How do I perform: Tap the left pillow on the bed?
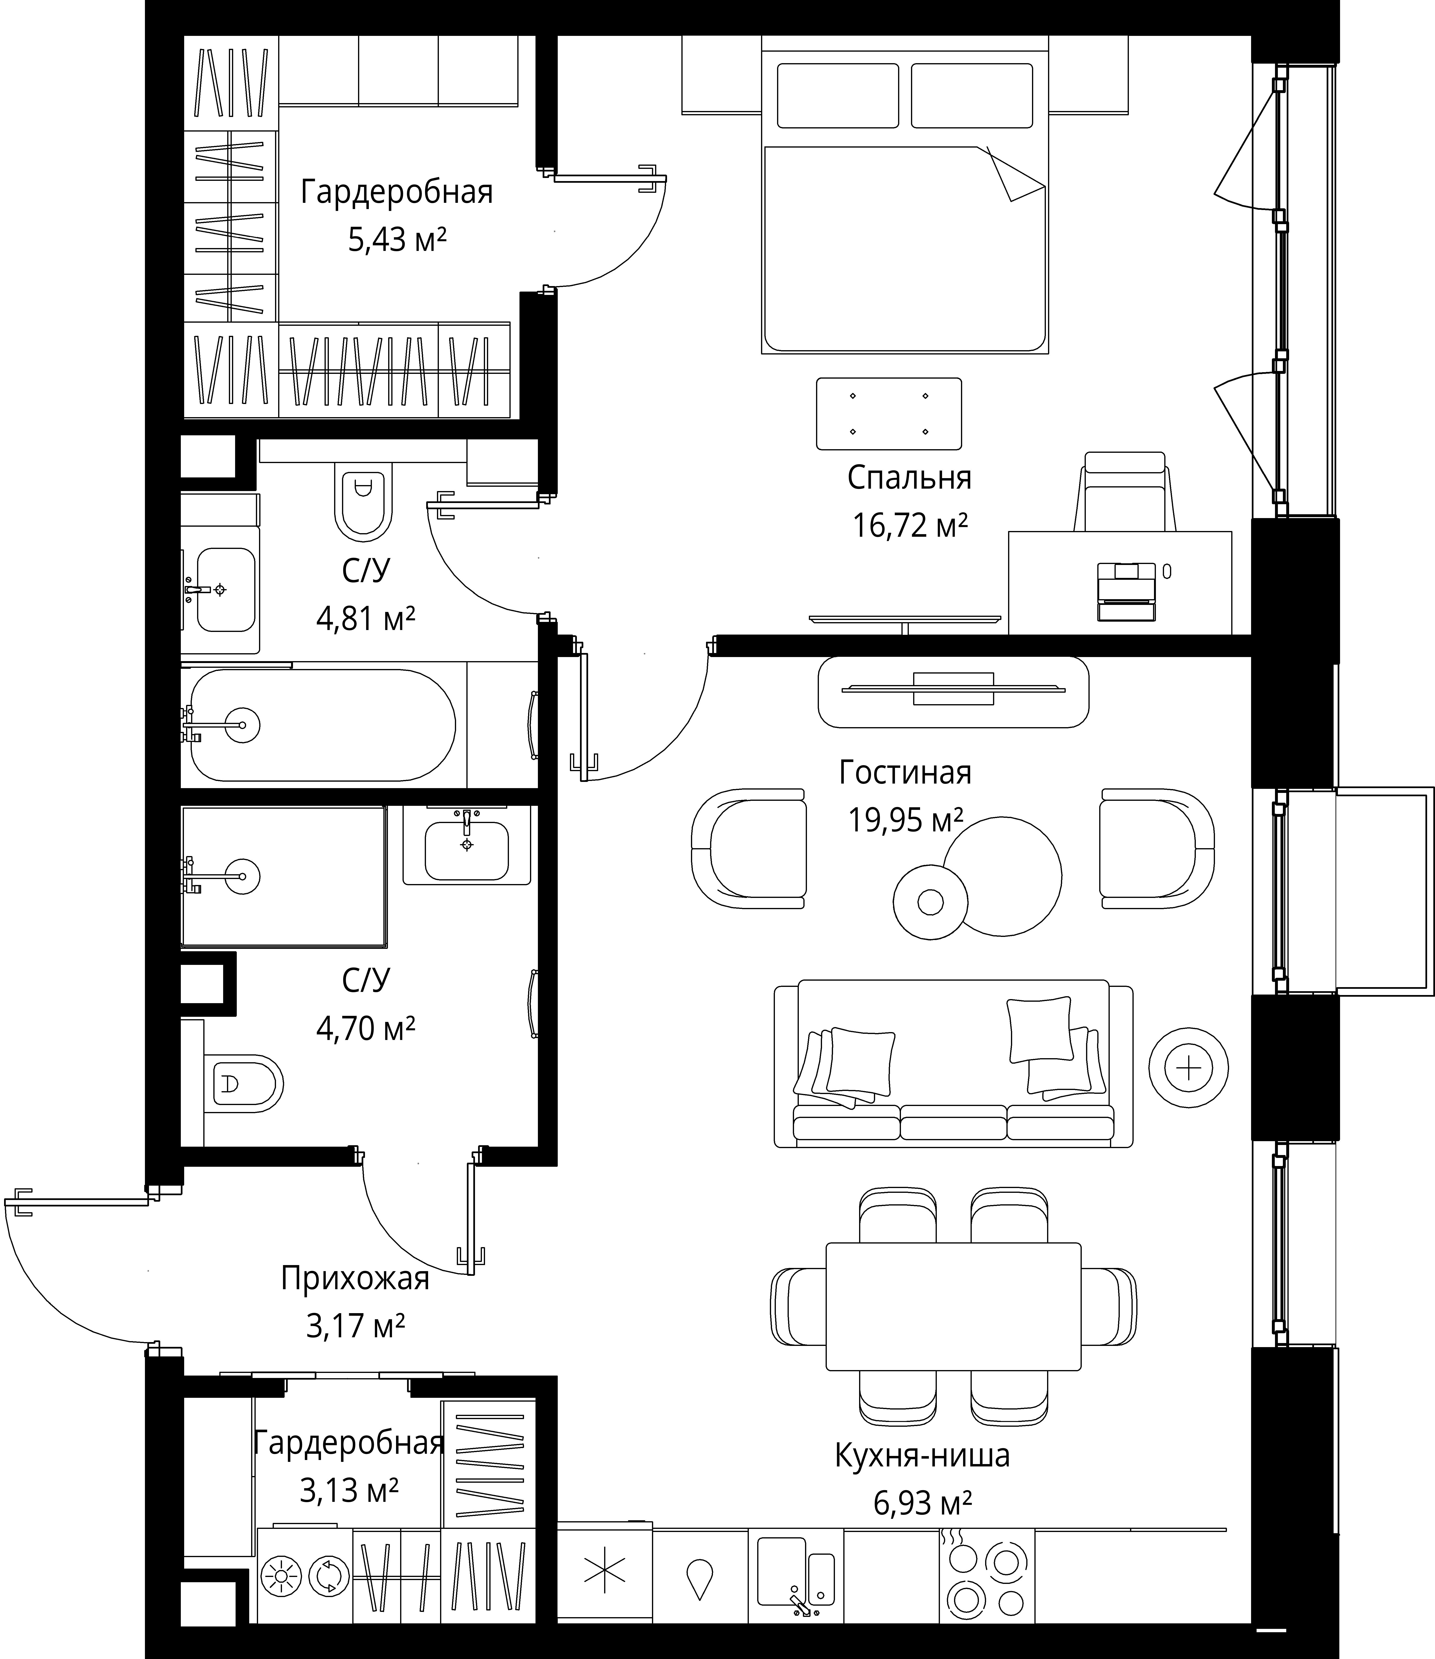(x=838, y=95)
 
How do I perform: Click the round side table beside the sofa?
(x=1188, y=1067)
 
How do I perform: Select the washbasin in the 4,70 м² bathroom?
(x=467, y=846)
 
